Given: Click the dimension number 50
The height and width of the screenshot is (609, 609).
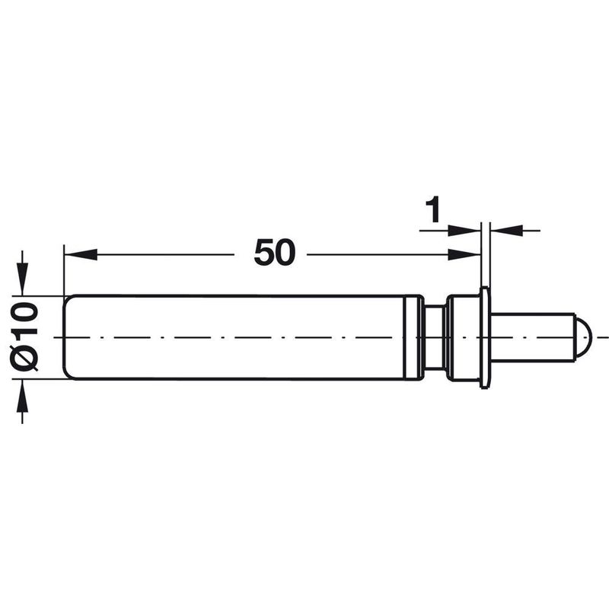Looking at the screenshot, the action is click(x=275, y=253).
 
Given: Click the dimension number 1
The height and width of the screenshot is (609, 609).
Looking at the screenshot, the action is click(x=432, y=209).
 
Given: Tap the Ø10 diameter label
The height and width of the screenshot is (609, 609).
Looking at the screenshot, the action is click(x=24, y=336).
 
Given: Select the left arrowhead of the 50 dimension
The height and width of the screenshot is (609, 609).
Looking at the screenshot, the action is click(x=81, y=254).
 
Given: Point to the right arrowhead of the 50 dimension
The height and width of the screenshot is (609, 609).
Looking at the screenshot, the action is click(x=464, y=254).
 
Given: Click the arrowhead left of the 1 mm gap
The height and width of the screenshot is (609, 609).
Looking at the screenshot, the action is click(x=464, y=231).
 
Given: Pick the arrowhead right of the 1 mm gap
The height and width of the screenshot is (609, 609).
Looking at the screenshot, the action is click(x=507, y=231).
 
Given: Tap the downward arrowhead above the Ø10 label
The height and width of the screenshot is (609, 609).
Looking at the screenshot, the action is click(x=22, y=279).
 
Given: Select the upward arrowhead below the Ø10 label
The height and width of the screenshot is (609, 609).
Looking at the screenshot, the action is click(x=22, y=396).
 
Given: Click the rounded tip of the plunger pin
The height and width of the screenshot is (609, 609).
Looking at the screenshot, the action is click(x=583, y=337).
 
